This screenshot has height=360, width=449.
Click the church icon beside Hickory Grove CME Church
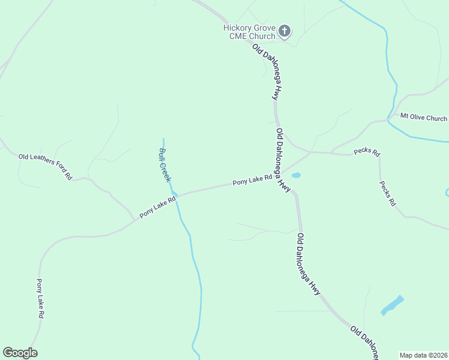pyautogui.click(x=285, y=31)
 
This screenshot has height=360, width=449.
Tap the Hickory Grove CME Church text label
pyautogui.click(x=250, y=32)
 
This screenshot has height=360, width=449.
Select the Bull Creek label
pyautogui.click(x=165, y=165)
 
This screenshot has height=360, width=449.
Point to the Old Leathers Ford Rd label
pyautogui.click(x=46, y=167)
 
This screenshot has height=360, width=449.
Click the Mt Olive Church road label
pyautogui.click(x=423, y=118)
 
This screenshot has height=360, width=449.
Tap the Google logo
pyautogui.click(x=20, y=353)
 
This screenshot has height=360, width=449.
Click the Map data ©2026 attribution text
pyautogui.click(x=423, y=355)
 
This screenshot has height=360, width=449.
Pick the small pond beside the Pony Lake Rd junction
pyautogui.click(x=295, y=175)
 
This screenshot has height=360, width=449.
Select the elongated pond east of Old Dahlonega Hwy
pyautogui.click(x=392, y=305)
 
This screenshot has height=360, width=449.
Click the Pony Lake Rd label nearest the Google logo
pyautogui.click(x=40, y=298)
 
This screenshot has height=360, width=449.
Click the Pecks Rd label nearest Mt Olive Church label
pyautogui.click(x=367, y=152)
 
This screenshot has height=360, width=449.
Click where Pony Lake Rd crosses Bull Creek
pyautogui.click(x=176, y=196)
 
